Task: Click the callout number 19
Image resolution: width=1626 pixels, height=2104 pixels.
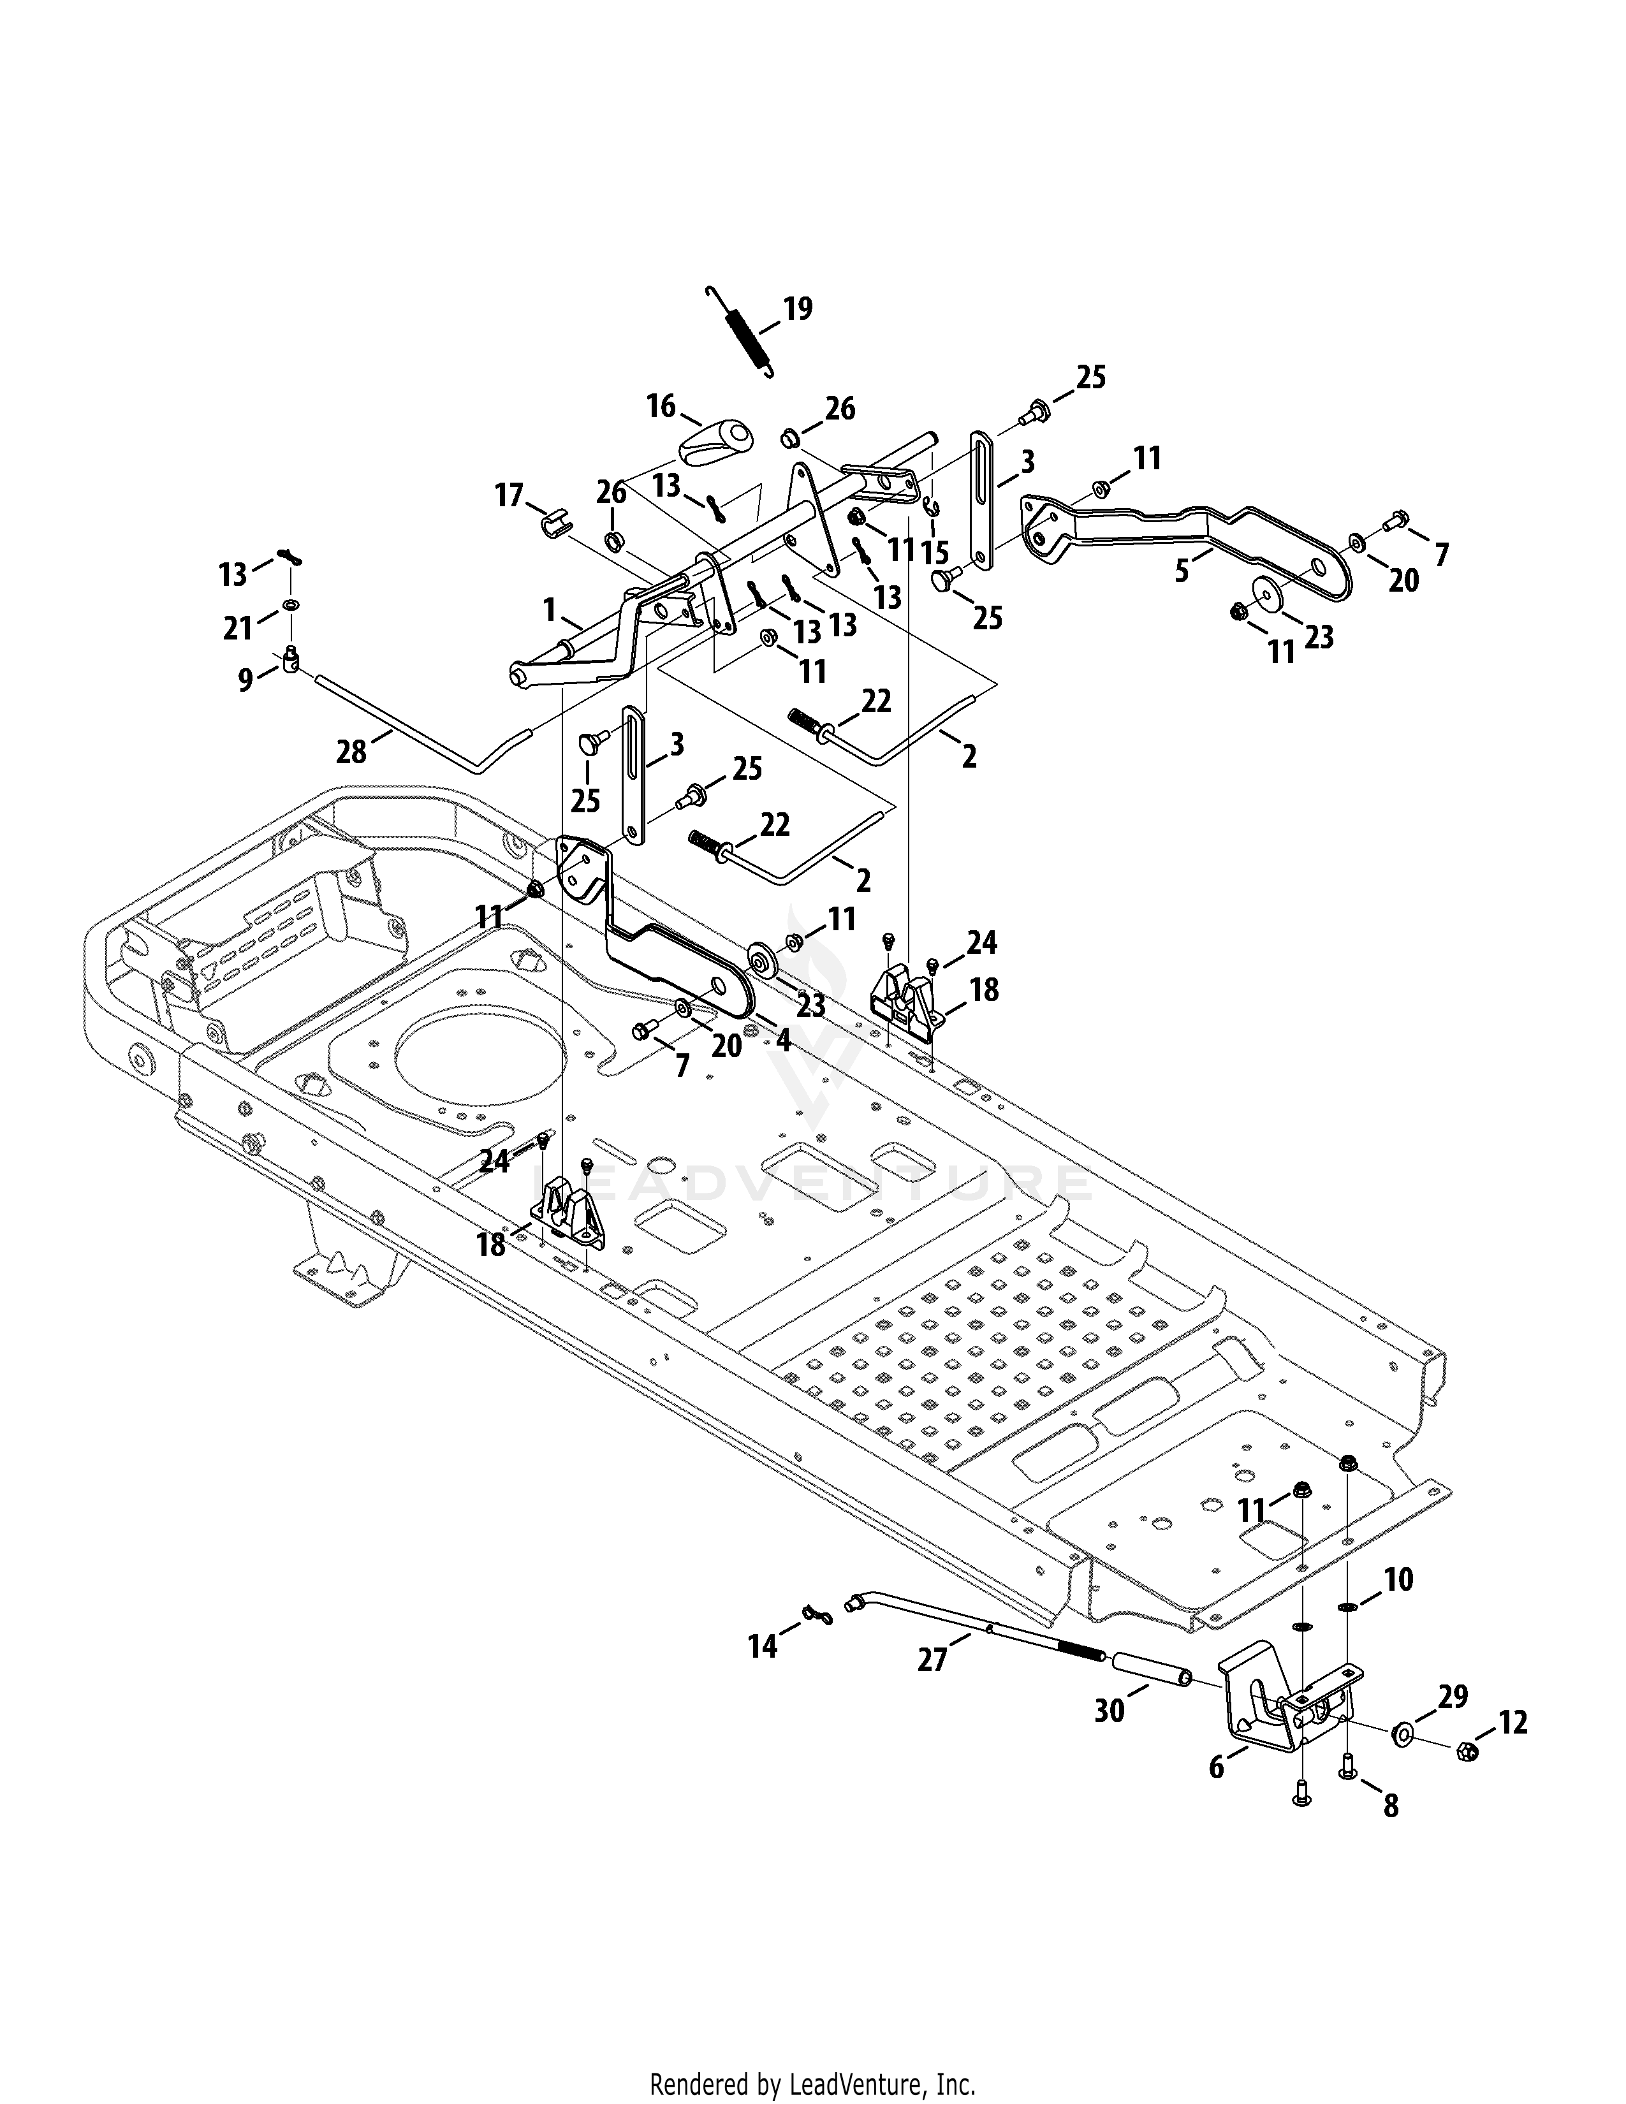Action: [798, 309]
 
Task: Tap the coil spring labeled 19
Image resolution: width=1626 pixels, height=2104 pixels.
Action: [739, 332]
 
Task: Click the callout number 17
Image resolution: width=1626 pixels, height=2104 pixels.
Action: [509, 496]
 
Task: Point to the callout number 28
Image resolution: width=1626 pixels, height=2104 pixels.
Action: [351, 752]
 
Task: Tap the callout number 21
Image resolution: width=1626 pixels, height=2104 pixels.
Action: [237, 628]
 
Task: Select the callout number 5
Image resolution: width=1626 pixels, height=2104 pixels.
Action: [1181, 571]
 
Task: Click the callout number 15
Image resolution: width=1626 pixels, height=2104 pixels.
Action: [934, 552]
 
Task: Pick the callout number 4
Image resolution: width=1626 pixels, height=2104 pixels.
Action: [782, 1039]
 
